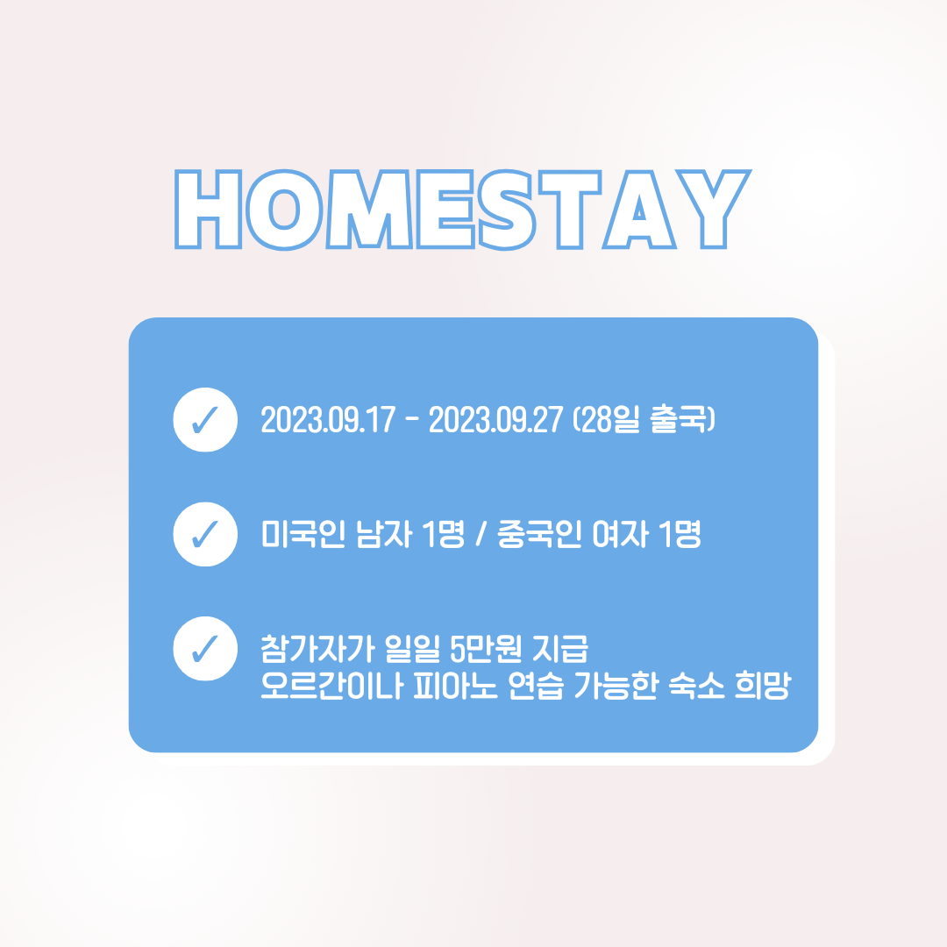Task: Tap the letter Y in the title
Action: [713, 209]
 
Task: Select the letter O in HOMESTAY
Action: [284, 210]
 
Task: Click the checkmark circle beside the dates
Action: [205, 420]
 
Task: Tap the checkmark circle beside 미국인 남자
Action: [205, 534]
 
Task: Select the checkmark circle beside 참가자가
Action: [205, 649]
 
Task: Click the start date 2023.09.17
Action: [328, 420]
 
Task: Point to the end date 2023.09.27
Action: [495, 420]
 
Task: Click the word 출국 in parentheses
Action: [678, 419]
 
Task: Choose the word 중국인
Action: [539, 534]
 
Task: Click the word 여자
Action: [621, 534]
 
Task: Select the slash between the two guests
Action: [481, 535]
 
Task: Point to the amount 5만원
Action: [486, 649]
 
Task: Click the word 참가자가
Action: [317, 649]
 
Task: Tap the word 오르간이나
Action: [331, 686]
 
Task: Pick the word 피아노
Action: [455, 686]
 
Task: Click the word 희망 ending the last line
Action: [763, 686]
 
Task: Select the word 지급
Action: [560, 649]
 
